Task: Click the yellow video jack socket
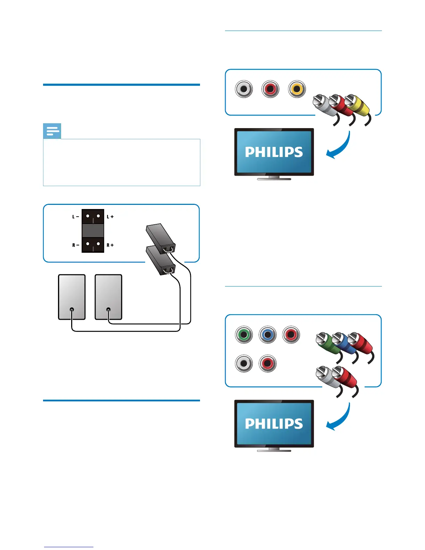point(297,89)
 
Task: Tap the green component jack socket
point(244,335)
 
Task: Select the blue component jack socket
point(268,335)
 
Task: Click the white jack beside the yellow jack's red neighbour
point(244,89)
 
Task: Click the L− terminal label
point(75,217)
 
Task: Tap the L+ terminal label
point(110,217)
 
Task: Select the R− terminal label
point(75,245)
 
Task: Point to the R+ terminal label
point(110,245)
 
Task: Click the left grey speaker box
point(72,297)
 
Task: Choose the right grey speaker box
point(108,297)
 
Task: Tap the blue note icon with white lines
point(52,131)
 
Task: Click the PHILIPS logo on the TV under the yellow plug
point(274,152)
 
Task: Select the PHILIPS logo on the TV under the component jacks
point(274,424)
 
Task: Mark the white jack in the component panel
point(244,364)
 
